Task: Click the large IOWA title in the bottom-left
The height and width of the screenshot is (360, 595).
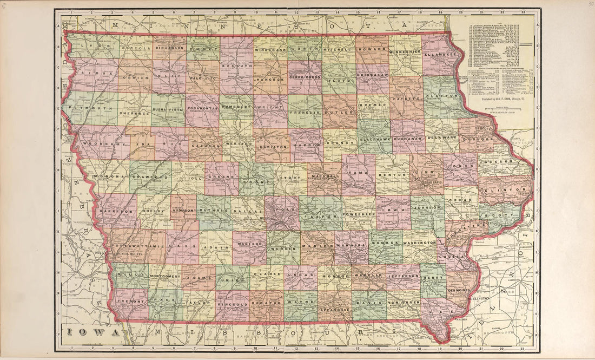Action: coord(92,332)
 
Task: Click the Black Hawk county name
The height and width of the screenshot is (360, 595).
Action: coord(374,139)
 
